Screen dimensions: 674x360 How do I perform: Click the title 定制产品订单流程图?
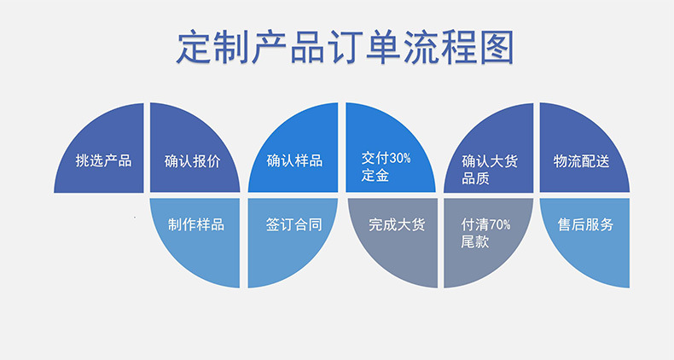(x=346, y=47)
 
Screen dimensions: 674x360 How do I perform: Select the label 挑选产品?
(x=103, y=160)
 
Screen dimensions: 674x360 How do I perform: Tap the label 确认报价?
(x=193, y=161)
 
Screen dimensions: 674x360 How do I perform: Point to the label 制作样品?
(x=196, y=224)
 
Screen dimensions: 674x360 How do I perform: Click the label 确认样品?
(x=294, y=160)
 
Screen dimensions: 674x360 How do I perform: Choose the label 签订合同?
(x=294, y=224)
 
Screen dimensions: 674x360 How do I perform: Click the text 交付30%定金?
(x=386, y=166)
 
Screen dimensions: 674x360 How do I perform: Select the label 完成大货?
(x=397, y=224)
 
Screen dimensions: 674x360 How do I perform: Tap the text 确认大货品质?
(x=490, y=170)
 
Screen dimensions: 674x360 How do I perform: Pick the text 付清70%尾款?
(x=485, y=233)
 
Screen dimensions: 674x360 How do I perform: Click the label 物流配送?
(x=582, y=161)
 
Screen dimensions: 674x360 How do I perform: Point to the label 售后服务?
(x=585, y=224)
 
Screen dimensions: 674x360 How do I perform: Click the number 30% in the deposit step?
(x=400, y=159)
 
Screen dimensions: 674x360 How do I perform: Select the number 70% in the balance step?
(x=500, y=224)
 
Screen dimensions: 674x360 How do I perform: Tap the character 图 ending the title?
(x=497, y=47)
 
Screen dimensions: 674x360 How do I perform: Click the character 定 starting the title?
(x=194, y=47)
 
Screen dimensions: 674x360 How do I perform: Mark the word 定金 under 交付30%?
(x=375, y=175)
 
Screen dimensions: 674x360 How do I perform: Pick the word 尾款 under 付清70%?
(x=475, y=241)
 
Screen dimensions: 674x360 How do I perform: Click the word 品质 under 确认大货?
(x=476, y=178)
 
